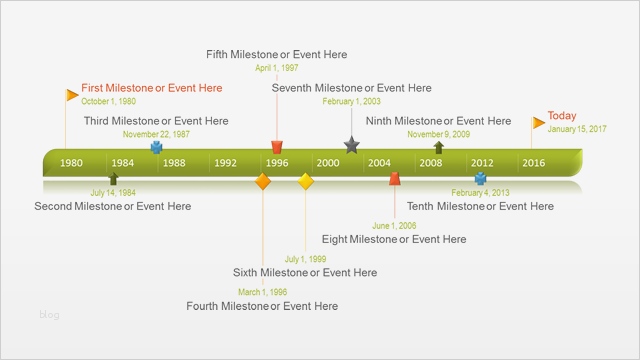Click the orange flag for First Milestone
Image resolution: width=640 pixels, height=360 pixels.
pos(72,95)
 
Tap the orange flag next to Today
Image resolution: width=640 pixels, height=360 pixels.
pos(538,123)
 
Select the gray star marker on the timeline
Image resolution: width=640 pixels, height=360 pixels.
pos(351,145)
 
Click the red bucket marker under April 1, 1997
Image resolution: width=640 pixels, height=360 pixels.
pos(277,146)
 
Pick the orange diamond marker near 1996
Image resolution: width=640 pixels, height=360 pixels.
pos(263,181)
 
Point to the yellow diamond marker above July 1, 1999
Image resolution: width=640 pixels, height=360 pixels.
pos(307,181)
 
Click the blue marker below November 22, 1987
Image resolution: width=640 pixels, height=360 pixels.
pos(156,146)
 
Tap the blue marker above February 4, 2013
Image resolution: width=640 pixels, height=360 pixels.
pos(481,179)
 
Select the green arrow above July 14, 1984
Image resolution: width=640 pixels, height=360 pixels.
pos(113,179)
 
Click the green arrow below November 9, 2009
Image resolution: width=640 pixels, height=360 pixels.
pos(438,147)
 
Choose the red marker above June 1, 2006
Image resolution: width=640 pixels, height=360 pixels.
pos(395,179)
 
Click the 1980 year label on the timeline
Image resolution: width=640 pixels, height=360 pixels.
pos(72,163)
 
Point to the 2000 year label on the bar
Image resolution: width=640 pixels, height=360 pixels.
pos(327,163)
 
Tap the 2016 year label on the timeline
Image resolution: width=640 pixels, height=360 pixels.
pos(533,163)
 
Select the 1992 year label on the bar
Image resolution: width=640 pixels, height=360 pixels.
pos(225,163)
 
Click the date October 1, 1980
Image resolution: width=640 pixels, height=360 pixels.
pos(109,102)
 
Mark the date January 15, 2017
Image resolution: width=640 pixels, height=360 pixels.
pos(577,129)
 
